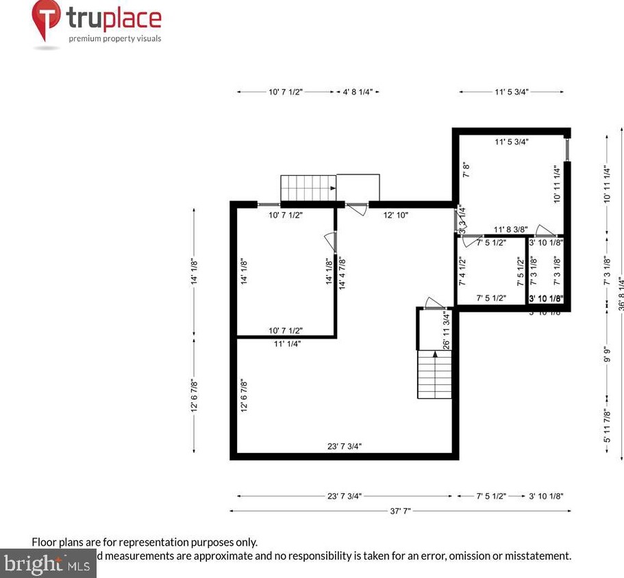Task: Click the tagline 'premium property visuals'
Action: point(114,38)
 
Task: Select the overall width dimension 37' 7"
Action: point(400,510)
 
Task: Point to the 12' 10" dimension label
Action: point(395,215)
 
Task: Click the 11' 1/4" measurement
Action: point(286,343)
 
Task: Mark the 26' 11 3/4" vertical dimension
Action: point(447,330)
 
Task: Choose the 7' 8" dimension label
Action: point(465,170)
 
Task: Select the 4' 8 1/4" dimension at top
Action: point(358,92)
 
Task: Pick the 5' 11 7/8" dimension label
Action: point(606,425)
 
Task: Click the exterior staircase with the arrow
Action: point(308,187)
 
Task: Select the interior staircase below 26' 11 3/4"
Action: point(435,374)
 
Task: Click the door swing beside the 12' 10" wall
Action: point(356,209)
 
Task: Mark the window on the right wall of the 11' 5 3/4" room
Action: point(568,148)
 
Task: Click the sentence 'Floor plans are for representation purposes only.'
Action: point(145,542)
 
